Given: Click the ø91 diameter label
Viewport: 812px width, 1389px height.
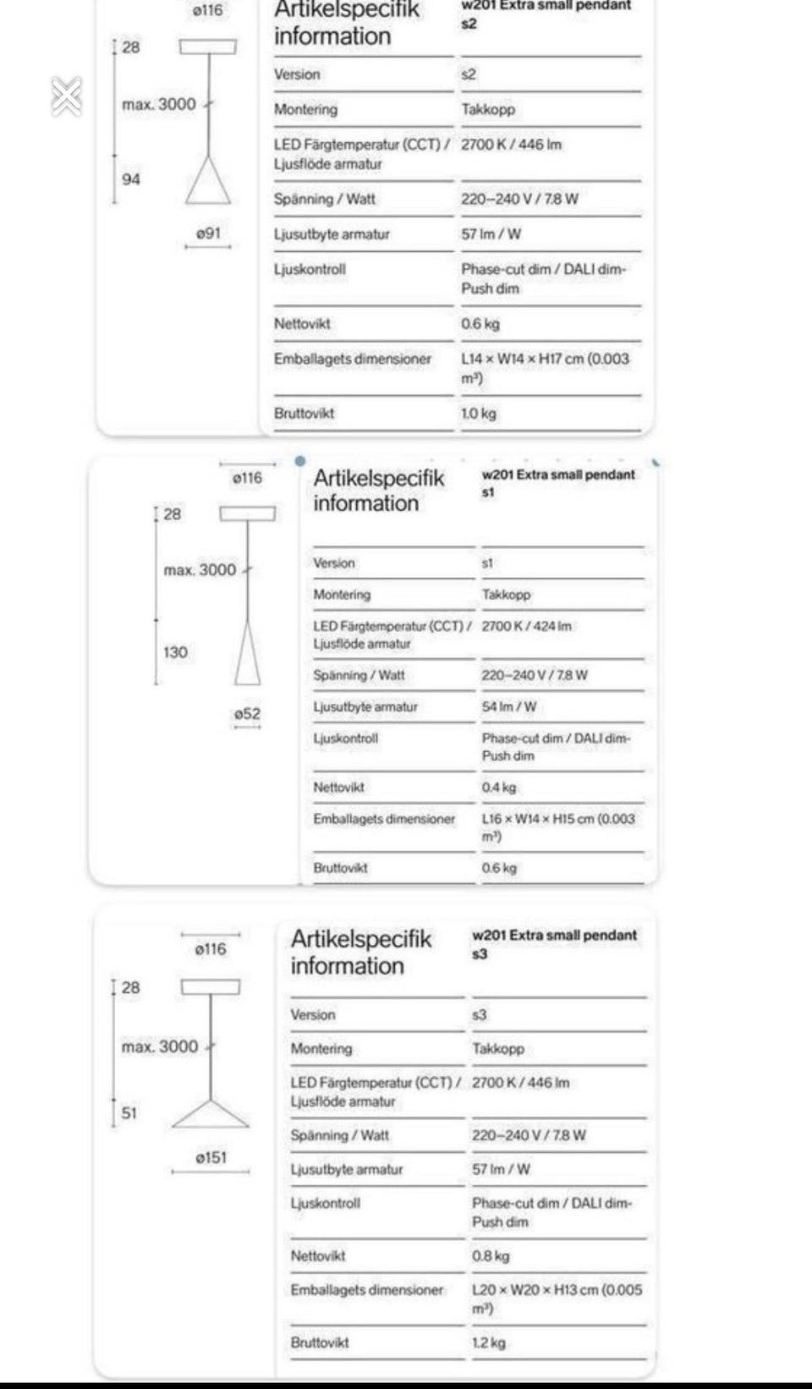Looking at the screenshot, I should click(x=208, y=233).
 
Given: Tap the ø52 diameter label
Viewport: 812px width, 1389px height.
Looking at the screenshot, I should click(x=247, y=714).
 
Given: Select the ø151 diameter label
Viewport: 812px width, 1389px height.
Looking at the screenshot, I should click(x=211, y=1157).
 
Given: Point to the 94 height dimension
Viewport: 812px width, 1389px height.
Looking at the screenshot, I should click(x=131, y=179).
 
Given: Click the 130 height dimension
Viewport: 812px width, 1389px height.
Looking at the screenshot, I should click(x=175, y=652).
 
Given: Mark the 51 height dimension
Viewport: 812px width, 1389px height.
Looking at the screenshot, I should click(x=129, y=1113).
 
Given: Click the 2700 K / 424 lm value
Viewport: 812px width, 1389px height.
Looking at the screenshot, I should click(x=526, y=627).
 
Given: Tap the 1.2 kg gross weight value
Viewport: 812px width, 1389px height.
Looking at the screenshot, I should click(x=489, y=1342).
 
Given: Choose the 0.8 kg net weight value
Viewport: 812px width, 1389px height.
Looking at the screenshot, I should click(x=491, y=1256).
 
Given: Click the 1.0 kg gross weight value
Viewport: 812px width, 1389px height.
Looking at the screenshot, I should click(x=479, y=414).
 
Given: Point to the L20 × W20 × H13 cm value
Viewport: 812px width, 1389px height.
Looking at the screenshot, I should click(x=557, y=1290).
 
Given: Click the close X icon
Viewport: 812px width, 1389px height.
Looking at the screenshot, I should click(x=66, y=96).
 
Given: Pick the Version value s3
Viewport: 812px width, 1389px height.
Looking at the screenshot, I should click(x=480, y=1015).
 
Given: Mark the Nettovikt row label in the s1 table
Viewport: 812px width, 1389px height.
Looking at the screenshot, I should click(x=338, y=788).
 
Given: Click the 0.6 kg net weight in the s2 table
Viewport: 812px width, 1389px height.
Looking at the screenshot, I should click(x=480, y=324).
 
